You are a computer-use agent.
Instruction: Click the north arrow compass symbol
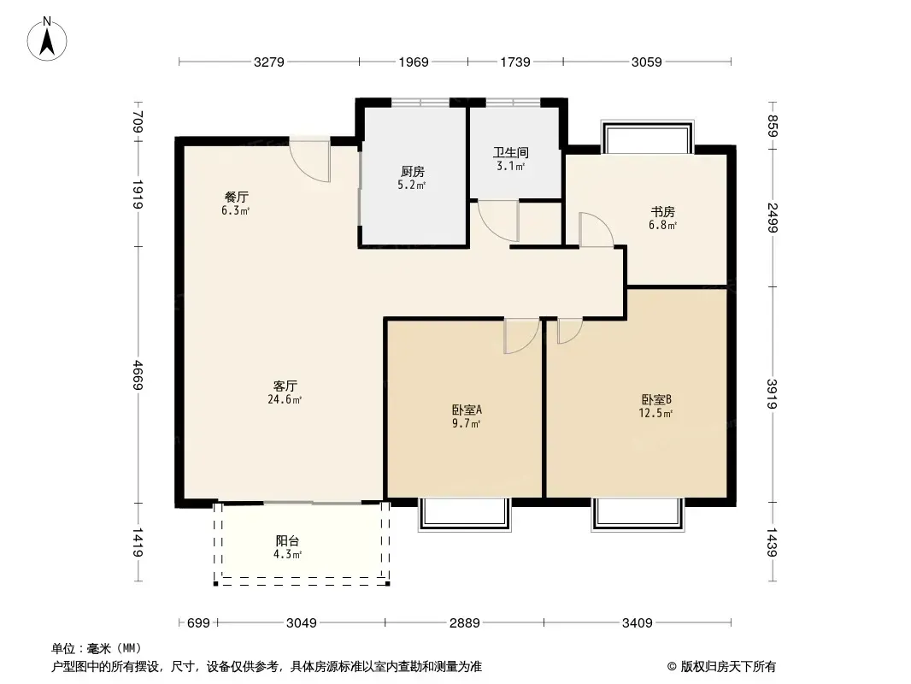pos(47,39)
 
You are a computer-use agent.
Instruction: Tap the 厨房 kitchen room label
pos(413,172)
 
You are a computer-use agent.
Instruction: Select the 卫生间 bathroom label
pos(511,153)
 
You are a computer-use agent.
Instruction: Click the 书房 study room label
pos(662,211)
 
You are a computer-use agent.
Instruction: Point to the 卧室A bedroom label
pos(467,410)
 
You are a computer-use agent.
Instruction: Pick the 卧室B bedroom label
pos(656,400)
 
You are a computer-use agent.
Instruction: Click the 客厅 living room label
pos(285,386)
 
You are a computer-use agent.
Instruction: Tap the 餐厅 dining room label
pos(237,197)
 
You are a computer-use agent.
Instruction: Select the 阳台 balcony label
pos(288,541)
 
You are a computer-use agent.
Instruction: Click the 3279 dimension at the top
pos(269,62)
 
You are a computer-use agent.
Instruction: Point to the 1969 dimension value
pos(413,62)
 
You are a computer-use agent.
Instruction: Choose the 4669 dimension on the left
pos(138,374)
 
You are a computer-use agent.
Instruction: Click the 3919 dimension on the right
pos(773,394)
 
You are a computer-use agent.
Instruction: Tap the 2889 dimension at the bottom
pos(465,623)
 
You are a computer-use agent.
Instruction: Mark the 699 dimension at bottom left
pos(198,623)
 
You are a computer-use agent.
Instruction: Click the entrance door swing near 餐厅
pos(310,161)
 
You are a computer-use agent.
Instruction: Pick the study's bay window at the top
pos(647,137)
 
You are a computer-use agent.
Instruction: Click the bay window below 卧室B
pos(638,515)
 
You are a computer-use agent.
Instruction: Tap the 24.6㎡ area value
pos(285,399)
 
